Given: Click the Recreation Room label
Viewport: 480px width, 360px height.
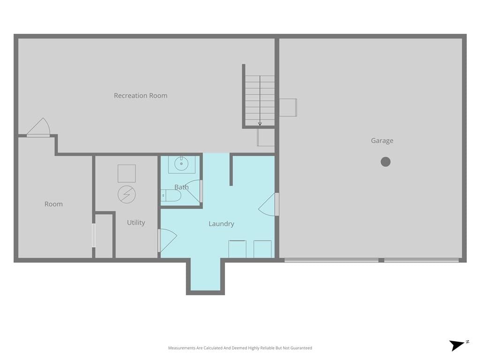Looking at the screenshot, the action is coord(141,96).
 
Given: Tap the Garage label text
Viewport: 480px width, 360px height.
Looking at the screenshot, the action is coord(382,141).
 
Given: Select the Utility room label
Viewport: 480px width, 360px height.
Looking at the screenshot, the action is coord(136,223).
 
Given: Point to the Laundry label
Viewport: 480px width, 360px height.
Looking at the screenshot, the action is coord(221,224).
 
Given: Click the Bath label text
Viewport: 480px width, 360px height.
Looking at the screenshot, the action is coord(181,187).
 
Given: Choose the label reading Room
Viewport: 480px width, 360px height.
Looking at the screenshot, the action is coord(53,204).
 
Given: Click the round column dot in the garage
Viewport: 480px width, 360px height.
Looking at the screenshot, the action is coord(386,162).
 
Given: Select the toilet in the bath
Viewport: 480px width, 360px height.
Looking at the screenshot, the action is coord(171,195).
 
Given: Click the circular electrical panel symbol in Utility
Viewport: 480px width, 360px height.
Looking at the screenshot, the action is coord(127,195).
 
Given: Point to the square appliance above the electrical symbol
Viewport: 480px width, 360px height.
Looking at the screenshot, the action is coord(127,173).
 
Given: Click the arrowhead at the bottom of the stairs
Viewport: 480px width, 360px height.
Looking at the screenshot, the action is coord(260,124).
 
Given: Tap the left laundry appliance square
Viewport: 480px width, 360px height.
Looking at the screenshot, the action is coord(237,249).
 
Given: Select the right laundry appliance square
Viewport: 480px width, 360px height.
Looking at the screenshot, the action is coord(262,249).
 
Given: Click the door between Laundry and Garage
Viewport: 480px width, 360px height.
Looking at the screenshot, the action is coord(269,204).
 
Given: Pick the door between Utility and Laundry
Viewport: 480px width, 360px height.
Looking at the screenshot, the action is coord(167,240).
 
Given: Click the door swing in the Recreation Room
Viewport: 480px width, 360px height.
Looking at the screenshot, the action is coord(38,127).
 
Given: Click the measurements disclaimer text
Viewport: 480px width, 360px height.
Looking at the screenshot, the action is coord(240,348).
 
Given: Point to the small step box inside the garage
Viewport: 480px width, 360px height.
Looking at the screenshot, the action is coord(288,107).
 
